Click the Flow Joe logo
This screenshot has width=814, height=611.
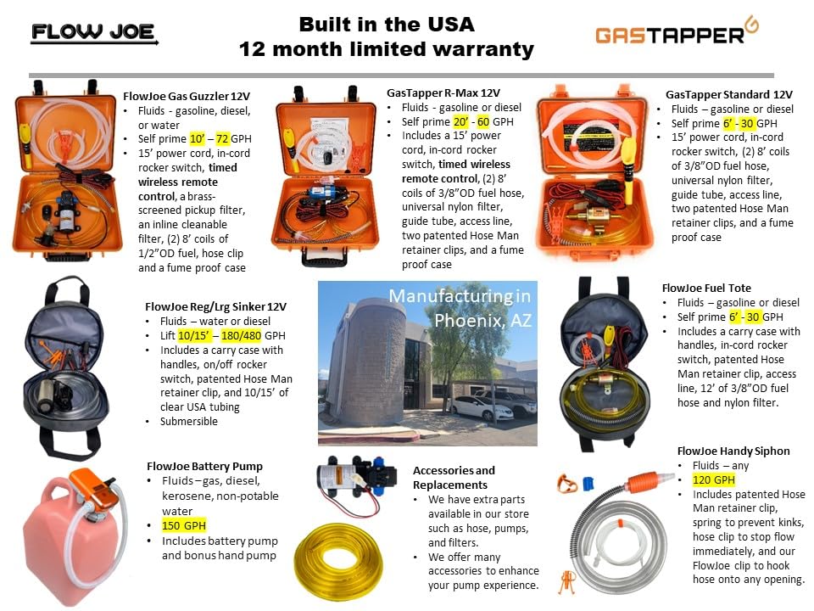point(93,33)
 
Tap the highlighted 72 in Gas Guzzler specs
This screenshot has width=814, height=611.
point(223,138)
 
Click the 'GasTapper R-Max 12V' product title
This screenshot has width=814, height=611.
point(443,93)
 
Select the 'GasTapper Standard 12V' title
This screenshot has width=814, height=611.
point(728,94)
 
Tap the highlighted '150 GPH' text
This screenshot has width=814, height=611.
point(183,524)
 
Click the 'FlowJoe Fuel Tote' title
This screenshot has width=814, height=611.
point(705,289)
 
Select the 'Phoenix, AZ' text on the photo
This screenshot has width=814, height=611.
point(481,320)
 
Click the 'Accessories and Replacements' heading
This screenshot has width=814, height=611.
point(454,477)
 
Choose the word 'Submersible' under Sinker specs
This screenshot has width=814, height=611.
point(188,421)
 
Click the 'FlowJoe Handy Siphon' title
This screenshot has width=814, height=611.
point(733,451)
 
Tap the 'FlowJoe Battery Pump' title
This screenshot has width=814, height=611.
point(203,466)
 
